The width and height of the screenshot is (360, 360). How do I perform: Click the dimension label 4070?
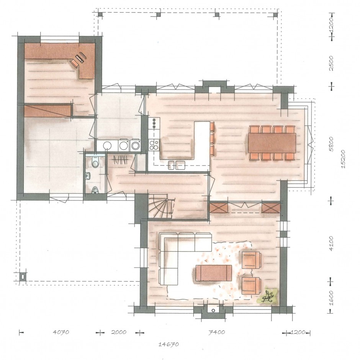61,332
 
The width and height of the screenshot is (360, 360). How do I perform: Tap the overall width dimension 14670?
169,344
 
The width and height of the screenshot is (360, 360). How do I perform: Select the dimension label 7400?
216,332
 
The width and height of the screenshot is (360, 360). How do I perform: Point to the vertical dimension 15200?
343,159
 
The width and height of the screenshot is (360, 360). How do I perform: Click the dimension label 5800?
331,144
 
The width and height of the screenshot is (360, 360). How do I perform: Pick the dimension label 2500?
331,63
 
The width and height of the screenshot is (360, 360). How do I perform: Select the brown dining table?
272,143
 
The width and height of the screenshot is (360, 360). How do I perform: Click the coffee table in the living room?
214,273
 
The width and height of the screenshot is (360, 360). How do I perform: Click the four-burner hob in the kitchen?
154,145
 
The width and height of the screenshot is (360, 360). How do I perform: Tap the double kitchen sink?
177,165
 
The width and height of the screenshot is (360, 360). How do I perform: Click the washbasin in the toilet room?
88,176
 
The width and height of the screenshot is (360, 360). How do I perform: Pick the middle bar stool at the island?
213,138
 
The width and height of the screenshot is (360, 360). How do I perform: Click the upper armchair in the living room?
251,260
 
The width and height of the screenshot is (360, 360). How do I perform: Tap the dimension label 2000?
119,332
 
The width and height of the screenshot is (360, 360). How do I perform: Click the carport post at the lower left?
23,277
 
